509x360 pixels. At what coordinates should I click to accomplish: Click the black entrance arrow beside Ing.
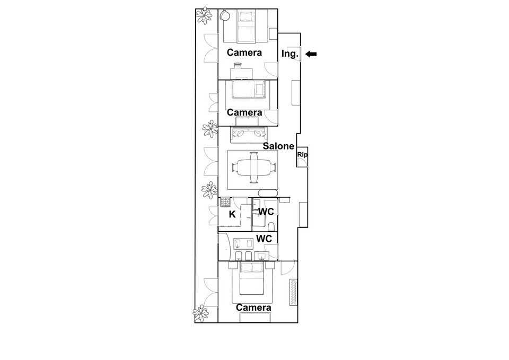pos(311,54)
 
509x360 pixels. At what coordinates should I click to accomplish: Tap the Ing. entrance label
pos(290,54)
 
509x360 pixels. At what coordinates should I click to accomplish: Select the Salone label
pos(278,146)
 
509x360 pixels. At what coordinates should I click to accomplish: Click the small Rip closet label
pos(302,155)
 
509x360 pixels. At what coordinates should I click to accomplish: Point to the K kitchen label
pos(232,214)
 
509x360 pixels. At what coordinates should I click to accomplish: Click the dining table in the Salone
pos(253,168)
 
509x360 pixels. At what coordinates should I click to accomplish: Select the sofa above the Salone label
pos(249,135)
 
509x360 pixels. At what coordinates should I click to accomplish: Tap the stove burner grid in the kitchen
pos(225,202)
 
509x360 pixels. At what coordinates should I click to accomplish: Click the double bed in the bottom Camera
pos(251,278)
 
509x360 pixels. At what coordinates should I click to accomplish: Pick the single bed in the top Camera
pos(245,26)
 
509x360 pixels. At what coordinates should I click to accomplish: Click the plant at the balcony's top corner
pos(204,15)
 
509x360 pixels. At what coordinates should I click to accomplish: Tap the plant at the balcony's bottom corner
pos(201,313)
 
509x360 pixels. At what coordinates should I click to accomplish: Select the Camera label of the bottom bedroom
pos(253,308)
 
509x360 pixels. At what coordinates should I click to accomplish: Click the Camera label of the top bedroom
pos(244,52)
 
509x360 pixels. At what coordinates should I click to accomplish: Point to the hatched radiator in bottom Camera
pos(293,292)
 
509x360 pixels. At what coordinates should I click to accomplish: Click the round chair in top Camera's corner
pos(225,15)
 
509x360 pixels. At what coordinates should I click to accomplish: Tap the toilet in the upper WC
pos(272,226)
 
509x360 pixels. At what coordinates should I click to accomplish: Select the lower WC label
pos(264,239)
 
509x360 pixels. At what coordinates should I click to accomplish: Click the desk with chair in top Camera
pos(242,71)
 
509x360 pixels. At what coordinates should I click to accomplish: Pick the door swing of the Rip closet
pos(302,162)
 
